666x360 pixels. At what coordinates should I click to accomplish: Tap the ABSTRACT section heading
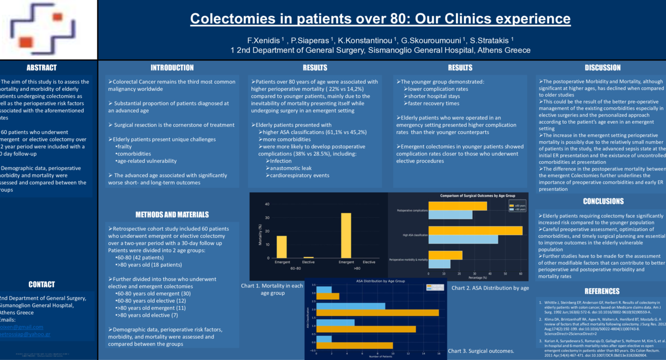[41, 68]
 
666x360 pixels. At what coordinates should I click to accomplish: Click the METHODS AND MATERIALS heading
[172, 215]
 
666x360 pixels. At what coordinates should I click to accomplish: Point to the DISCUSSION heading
[602, 68]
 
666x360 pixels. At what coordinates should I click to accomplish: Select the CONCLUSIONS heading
[603, 201]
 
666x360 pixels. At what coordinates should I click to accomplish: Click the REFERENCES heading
[602, 291]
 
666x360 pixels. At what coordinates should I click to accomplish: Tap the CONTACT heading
[41, 285]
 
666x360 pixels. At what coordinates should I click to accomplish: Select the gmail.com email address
[22, 327]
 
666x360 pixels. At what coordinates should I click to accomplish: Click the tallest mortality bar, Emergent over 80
[346, 235]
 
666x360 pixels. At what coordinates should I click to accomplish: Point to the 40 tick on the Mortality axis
[267, 204]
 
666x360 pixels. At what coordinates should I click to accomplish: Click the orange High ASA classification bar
[475, 230]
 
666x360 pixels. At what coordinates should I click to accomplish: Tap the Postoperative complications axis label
[412, 211]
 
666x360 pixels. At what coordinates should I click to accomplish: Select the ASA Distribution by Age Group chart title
[380, 281]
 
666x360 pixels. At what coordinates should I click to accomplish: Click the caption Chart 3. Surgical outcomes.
[481, 351]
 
